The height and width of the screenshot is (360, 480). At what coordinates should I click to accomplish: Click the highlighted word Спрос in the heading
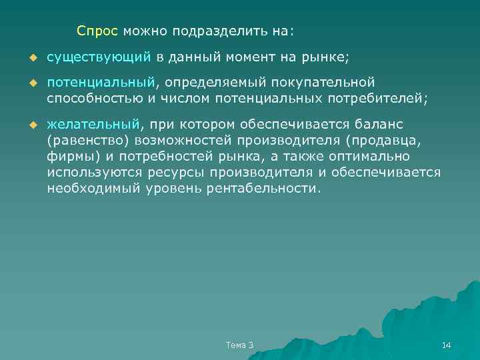pos(97,31)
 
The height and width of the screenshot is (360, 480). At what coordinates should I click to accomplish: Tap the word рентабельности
pos(265,188)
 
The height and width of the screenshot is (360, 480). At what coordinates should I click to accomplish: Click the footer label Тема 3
pos(240,345)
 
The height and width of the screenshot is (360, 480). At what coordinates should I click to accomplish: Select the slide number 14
pos(447,345)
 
